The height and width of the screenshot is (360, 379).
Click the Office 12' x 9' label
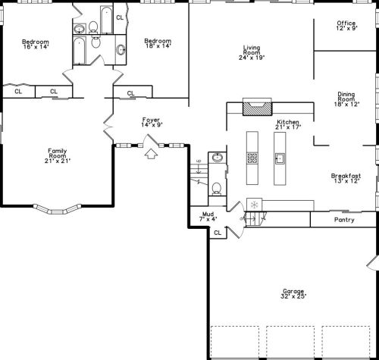click(346, 26)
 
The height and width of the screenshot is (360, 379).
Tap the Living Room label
click(252, 52)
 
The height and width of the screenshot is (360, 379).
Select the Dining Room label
click(346, 99)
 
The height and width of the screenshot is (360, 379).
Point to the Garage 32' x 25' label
click(293, 293)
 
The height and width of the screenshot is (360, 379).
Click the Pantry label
click(344, 220)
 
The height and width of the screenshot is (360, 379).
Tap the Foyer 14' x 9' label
click(152, 122)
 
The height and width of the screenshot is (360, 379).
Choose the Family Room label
click(58, 156)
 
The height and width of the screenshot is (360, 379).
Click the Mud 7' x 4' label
click(208, 217)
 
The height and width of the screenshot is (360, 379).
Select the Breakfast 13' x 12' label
click(346, 178)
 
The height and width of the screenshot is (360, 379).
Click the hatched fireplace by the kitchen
click(258, 108)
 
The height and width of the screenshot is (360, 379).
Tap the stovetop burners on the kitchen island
click(252, 158)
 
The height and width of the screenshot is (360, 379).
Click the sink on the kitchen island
click(280, 158)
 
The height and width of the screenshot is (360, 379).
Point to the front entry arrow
click(151, 154)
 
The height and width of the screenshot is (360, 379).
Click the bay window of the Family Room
click(58, 210)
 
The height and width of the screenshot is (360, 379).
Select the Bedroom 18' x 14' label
click(158, 43)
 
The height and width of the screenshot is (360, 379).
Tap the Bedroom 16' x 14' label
click(36, 44)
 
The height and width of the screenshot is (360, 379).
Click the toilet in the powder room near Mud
click(217, 189)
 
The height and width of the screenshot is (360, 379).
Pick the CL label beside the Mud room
click(218, 233)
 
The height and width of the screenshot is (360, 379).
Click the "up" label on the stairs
click(199, 161)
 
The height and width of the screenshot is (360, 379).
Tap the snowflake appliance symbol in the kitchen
click(254, 205)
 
